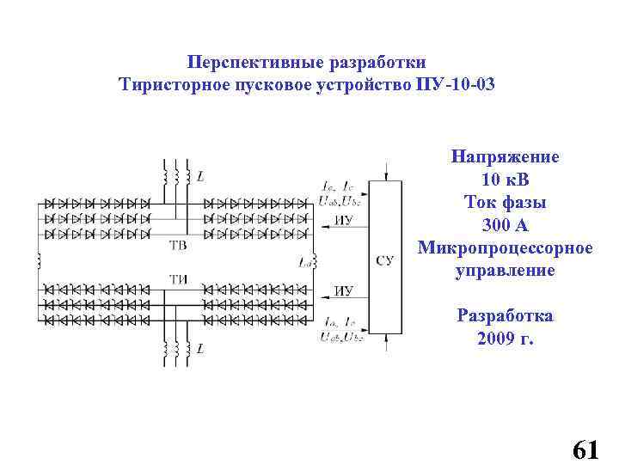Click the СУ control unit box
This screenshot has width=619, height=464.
(385, 258)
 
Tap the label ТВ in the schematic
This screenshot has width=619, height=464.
(177, 246)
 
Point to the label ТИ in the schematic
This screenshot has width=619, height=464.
(177, 277)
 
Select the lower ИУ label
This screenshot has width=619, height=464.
(343, 290)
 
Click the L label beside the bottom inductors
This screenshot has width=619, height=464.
(200, 349)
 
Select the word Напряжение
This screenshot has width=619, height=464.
(505, 157)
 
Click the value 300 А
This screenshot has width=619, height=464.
(505, 225)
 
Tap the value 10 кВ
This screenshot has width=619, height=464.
(505, 180)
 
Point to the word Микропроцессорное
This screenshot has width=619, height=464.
(505, 248)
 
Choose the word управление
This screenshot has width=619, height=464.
(505, 271)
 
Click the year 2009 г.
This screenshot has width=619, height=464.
(505, 339)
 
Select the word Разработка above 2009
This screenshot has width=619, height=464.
(505, 315)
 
